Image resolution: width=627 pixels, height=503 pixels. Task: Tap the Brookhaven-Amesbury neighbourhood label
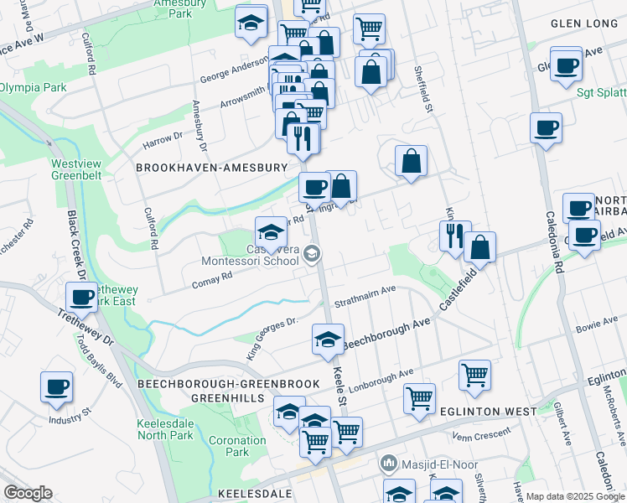coord(212,168)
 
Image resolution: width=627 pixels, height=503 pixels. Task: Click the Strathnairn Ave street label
coord(365,293)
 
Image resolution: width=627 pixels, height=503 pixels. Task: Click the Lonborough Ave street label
coord(386,377)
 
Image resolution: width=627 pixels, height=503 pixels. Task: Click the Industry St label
coord(69,419)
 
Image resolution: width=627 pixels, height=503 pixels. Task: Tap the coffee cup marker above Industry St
coord(57,387)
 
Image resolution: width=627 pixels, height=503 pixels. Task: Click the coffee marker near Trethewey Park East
coord(82,297)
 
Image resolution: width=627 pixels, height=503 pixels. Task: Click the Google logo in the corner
coord(28,493)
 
